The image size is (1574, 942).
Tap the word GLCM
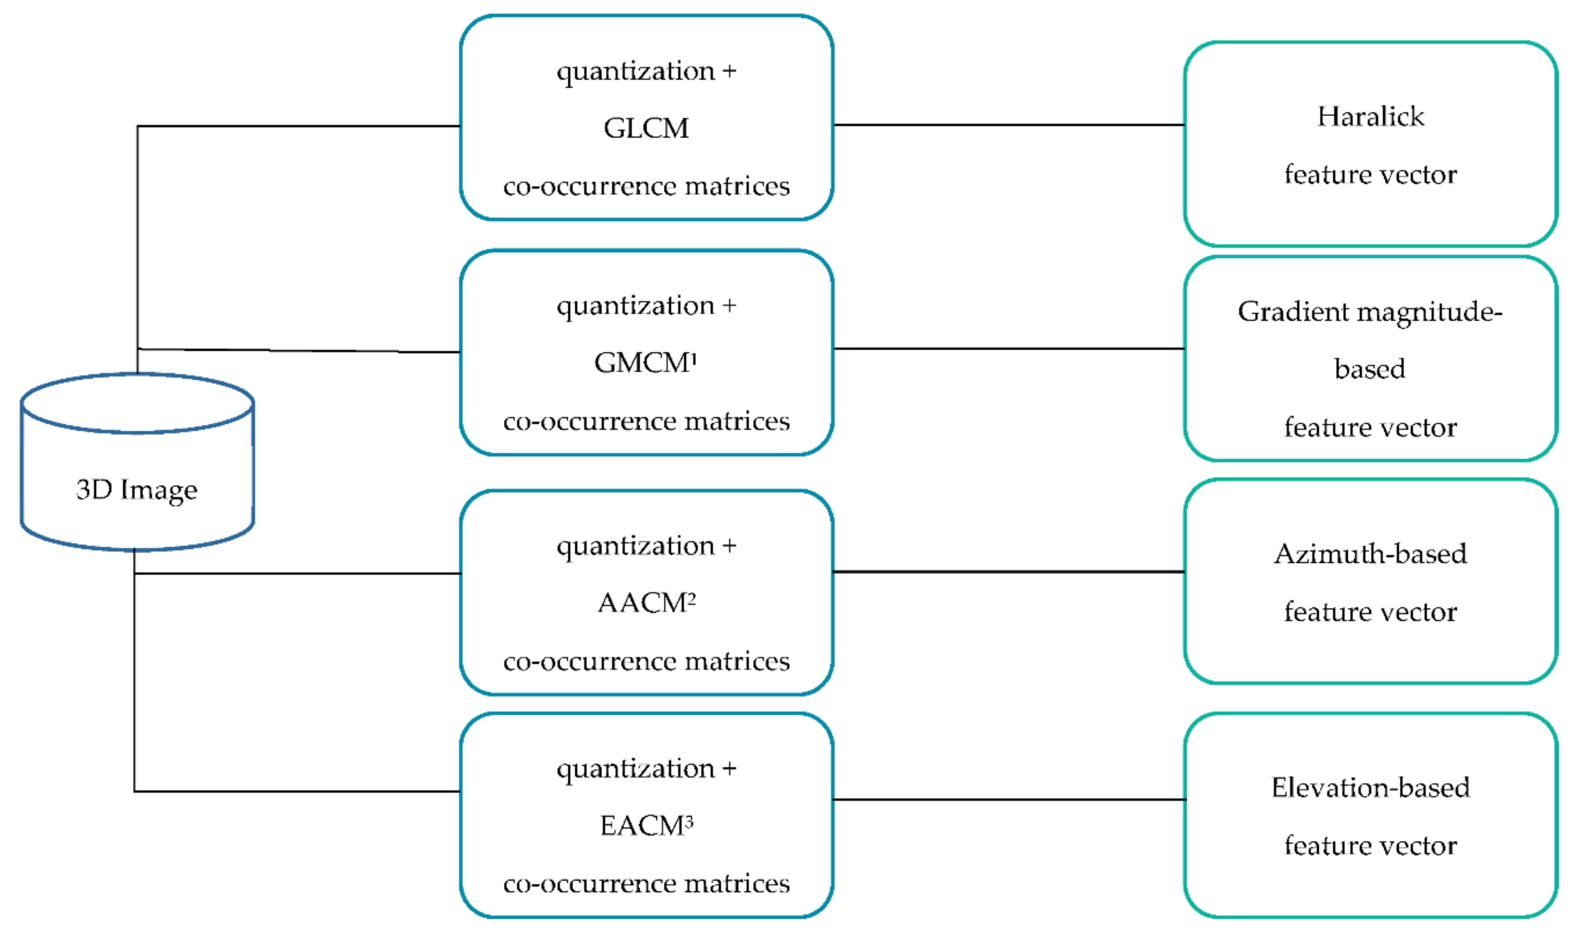click(x=646, y=128)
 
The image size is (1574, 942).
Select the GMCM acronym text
click(x=641, y=363)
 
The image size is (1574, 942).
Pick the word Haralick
click(x=1370, y=117)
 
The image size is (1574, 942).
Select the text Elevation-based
click(x=1370, y=788)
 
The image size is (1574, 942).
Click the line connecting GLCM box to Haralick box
click(x=1009, y=125)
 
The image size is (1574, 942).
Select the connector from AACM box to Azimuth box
click(x=1009, y=572)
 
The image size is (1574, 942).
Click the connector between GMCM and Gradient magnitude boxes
click(x=1009, y=349)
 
